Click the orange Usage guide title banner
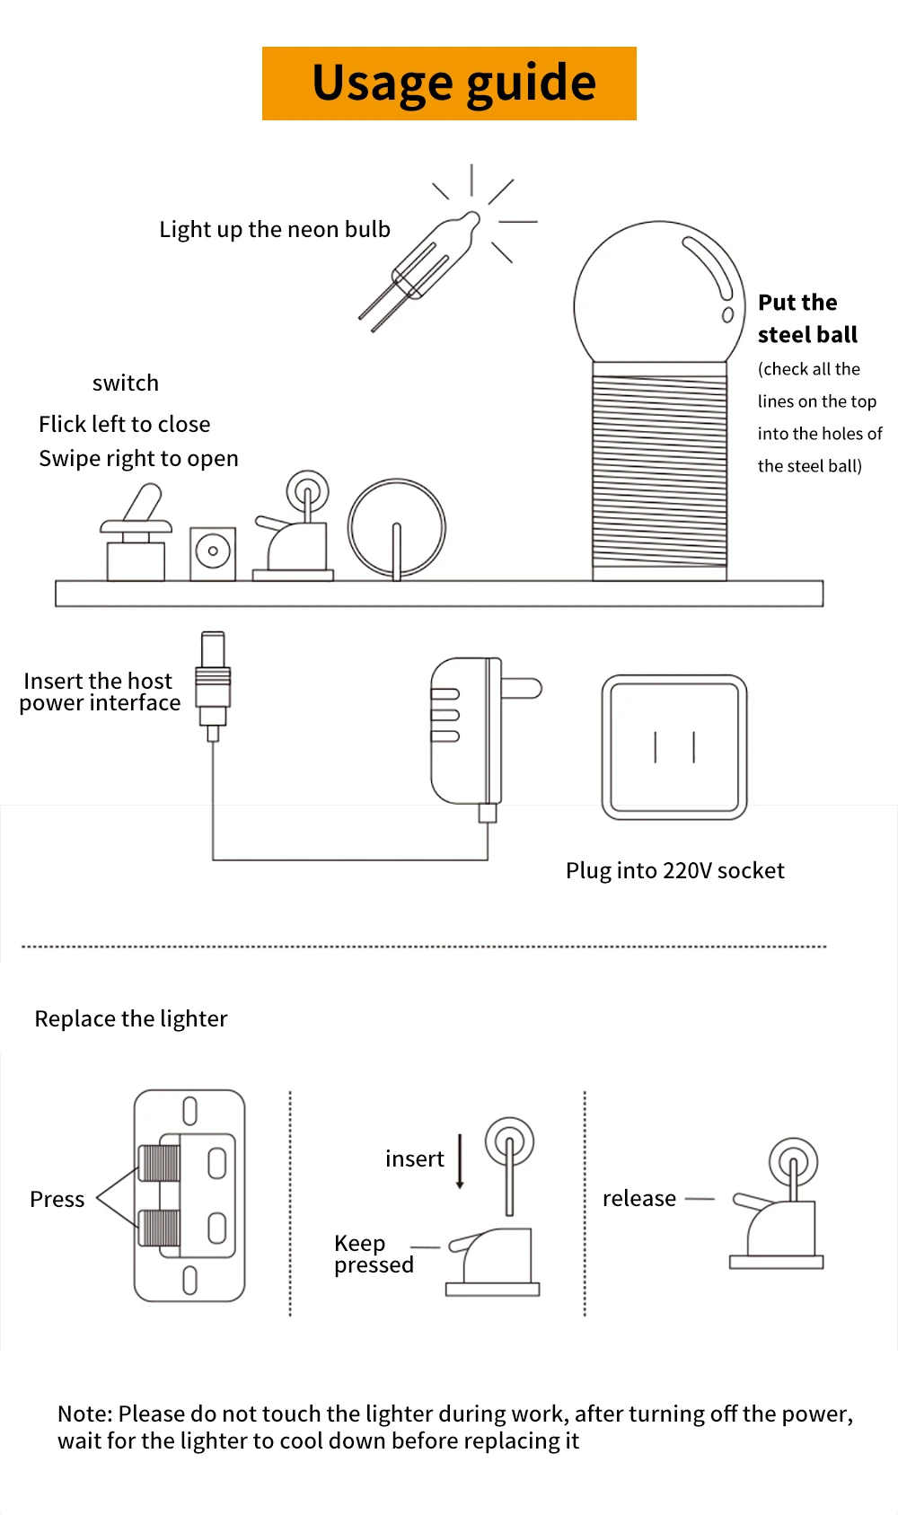[x=449, y=84]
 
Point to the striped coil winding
[x=659, y=471]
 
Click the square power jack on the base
[x=213, y=552]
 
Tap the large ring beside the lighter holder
[x=396, y=528]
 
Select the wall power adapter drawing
[x=467, y=732]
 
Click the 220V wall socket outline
[x=673, y=747]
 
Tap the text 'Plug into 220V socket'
[x=674, y=870]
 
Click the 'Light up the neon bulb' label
[x=275, y=230]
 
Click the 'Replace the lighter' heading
[x=131, y=1018]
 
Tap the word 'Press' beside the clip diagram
[x=57, y=1200]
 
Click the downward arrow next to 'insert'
[x=460, y=1161]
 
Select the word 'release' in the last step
[x=638, y=1199]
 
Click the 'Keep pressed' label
[x=373, y=1255]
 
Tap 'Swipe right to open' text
[x=138, y=459]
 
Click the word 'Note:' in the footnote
[x=84, y=1414]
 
